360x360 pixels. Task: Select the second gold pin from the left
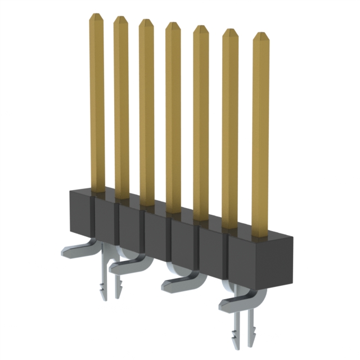(121, 107)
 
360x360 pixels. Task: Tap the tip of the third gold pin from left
(146, 22)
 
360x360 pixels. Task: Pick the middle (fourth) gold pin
(173, 118)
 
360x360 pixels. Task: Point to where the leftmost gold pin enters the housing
(97, 192)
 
